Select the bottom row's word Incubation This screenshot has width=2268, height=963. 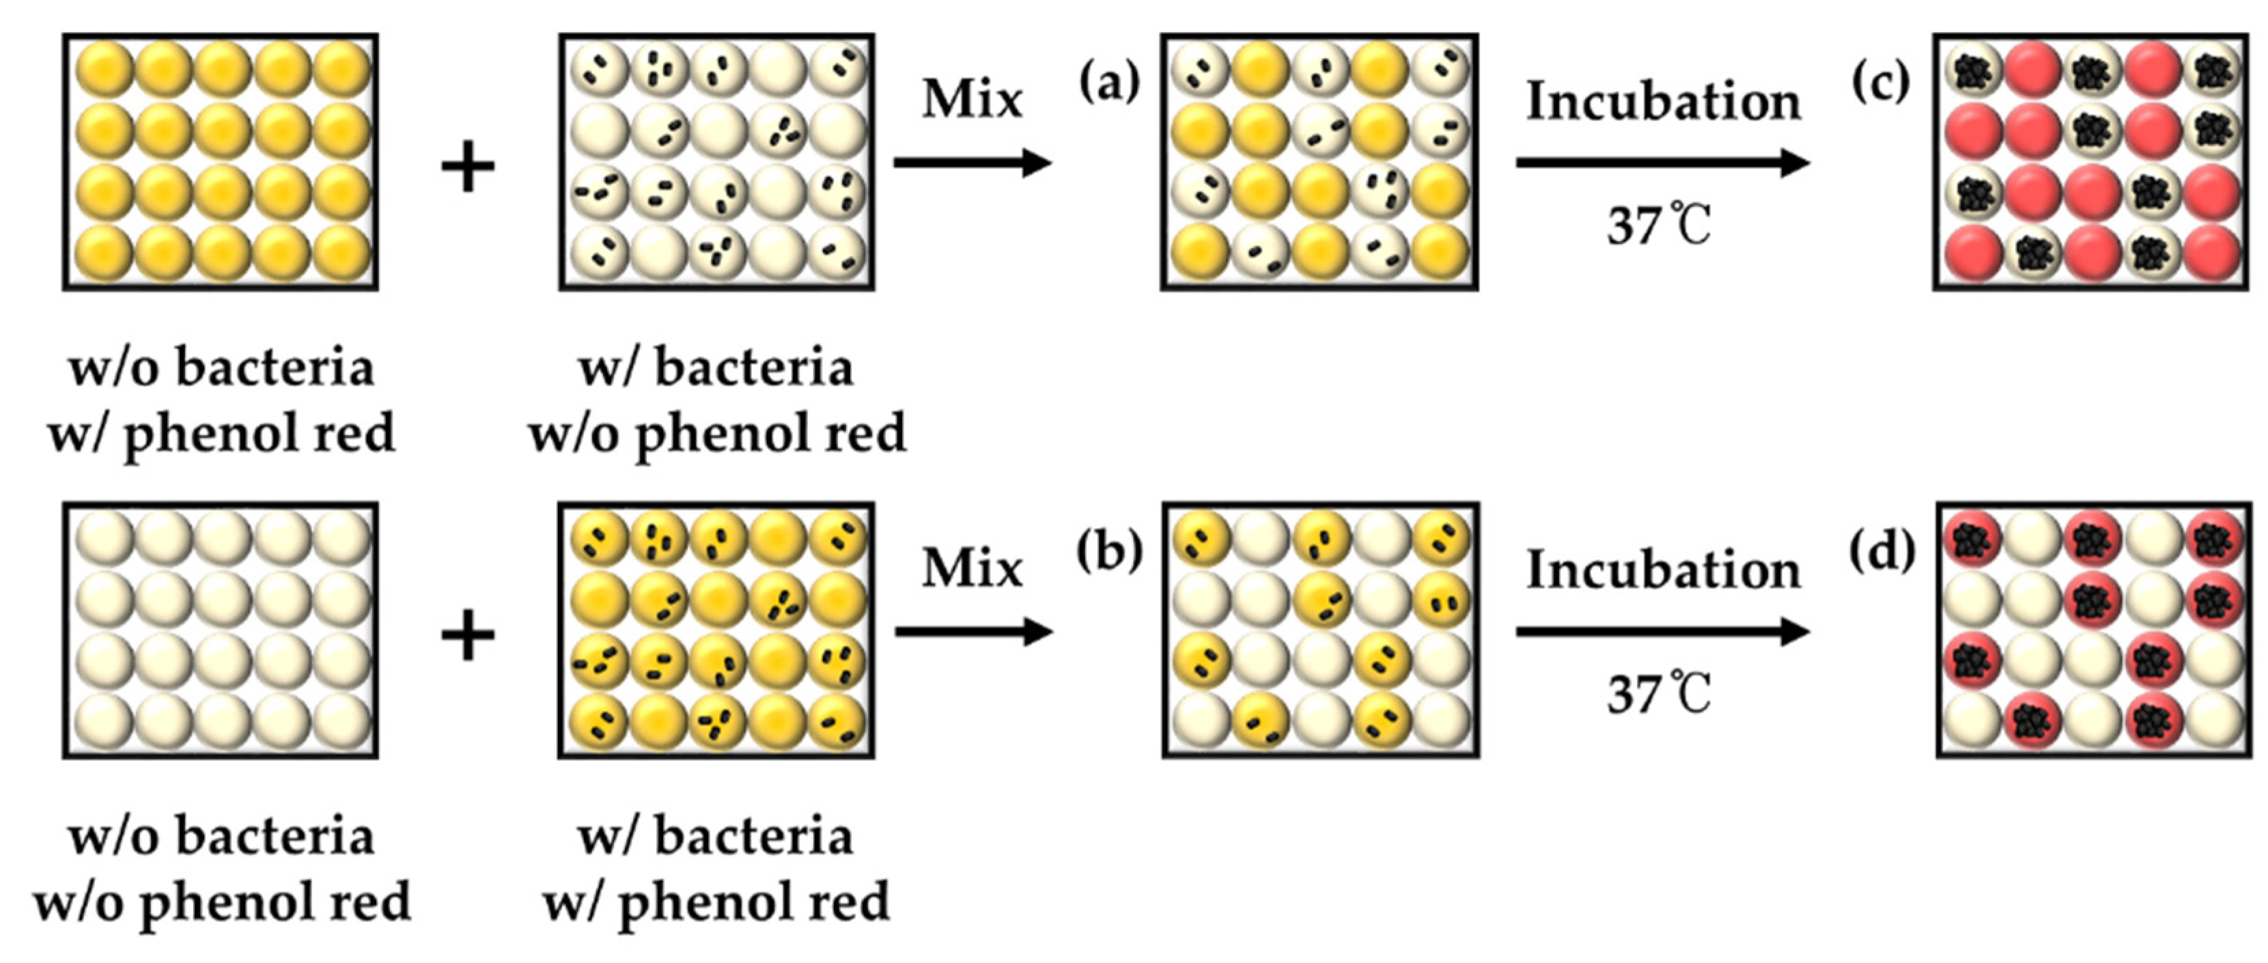tap(1663, 570)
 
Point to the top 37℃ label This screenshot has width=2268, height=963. tap(1660, 225)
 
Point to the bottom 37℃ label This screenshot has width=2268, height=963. tap(1660, 695)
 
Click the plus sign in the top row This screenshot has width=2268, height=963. tap(468, 167)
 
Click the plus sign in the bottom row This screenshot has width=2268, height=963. tap(468, 636)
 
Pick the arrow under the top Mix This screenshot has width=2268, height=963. tap(973, 163)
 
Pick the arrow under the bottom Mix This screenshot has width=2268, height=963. tap(974, 632)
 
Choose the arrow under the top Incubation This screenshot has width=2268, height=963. tap(1663, 163)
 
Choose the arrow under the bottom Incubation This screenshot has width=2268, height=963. tap(1663, 632)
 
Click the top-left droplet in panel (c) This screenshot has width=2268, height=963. tap(1973, 71)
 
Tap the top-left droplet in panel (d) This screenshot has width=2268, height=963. tap(1973, 540)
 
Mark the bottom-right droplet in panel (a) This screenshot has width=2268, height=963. tap(1440, 252)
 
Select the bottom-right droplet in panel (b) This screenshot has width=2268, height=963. tap(1440, 720)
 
